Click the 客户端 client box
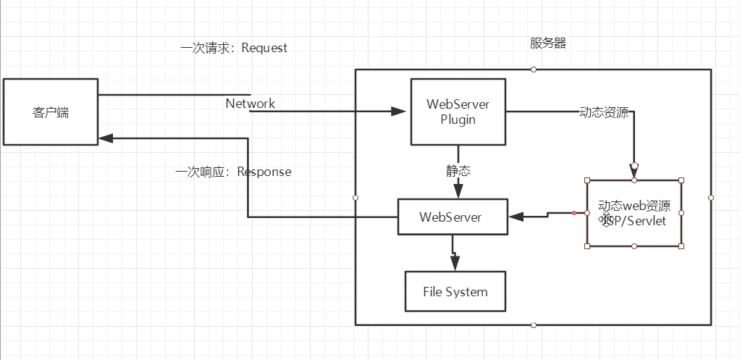tap(51, 112)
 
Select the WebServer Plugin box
tap(458, 112)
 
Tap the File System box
tap(455, 292)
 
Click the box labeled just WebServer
tap(452, 217)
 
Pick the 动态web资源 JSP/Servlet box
tap(634, 214)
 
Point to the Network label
tap(251, 104)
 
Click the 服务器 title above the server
tap(548, 43)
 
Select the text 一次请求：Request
tap(234, 49)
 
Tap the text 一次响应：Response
tap(233, 172)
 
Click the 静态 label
tap(458, 171)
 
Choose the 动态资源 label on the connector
tap(604, 113)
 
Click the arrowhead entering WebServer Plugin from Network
tap(399, 112)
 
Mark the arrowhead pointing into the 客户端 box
tap(106, 136)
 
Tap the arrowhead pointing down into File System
tap(455, 265)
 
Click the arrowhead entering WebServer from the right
tap(516, 216)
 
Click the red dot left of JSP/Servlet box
tap(573, 213)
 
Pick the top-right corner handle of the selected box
tap(681, 180)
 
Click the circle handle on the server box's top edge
tap(534, 70)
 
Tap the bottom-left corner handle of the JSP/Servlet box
tap(587, 246)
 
